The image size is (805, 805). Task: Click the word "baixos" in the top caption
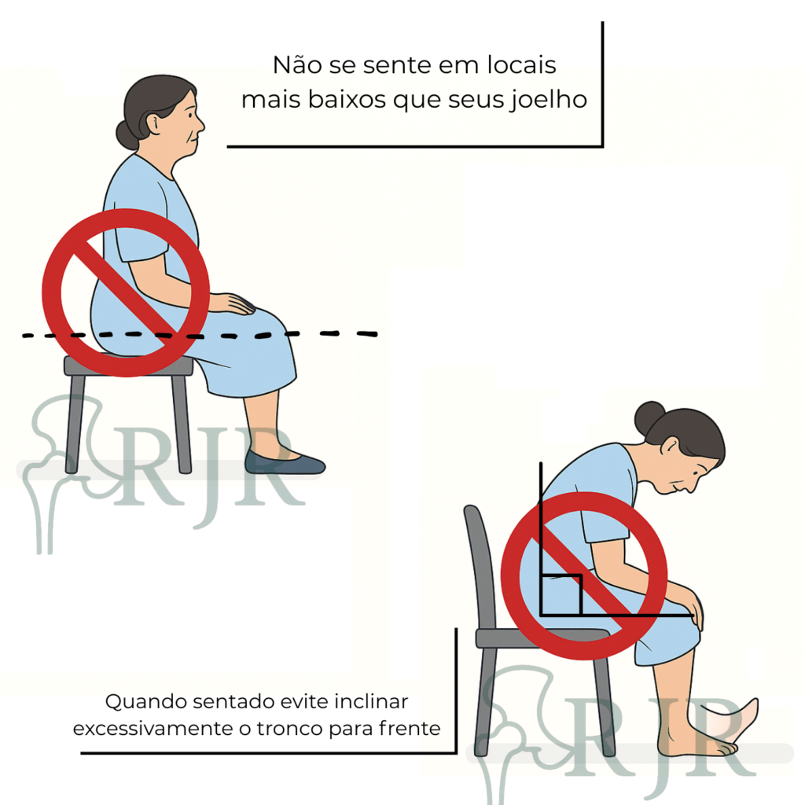[x=347, y=100]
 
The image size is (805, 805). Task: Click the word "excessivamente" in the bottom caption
[x=153, y=729]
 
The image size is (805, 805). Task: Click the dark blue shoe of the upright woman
[x=284, y=462]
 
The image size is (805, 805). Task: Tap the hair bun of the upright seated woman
[x=127, y=134]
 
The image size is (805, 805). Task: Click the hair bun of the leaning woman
[x=649, y=417]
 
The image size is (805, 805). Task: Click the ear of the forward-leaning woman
[x=670, y=445]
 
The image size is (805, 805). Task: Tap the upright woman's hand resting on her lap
[x=233, y=303]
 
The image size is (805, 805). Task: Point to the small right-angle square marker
[x=561, y=594]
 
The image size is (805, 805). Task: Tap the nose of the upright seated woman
[x=200, y=124]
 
